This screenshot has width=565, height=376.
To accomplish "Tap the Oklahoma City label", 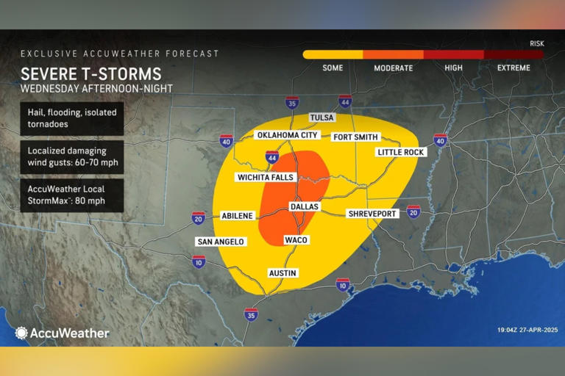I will (x=287, y=135).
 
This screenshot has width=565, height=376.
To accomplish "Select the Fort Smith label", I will (x=355, y=137).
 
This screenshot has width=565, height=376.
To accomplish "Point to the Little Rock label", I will (x=401, y=152).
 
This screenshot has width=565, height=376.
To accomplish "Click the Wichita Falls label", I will (x=266, y=177).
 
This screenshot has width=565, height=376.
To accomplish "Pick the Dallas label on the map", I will (x=305, y=206).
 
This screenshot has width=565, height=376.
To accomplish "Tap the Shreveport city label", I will (x=372, y=213).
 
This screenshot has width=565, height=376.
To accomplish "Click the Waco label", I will (x=296, y=240).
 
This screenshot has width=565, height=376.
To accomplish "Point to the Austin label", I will (x=282, y=272).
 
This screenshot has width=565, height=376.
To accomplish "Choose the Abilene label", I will (x=238, y=215).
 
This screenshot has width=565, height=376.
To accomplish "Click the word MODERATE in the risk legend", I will (x=394, y=68).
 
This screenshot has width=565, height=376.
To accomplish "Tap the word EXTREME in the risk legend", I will (x=513, y=68).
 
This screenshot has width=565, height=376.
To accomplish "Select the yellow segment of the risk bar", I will (x=333, y=54).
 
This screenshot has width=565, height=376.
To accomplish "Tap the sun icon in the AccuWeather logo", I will (x=21, y=333).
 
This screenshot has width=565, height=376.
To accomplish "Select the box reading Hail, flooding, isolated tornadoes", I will (x=71, y=118).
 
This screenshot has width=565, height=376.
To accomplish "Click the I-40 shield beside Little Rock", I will (x=440, y=139).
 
